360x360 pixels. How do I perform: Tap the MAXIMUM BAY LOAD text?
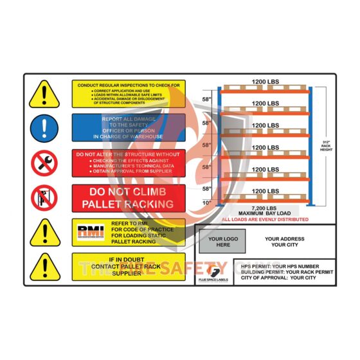[x=264, y=213]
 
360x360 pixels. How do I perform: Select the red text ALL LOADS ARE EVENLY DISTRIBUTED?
[x=264, y=219]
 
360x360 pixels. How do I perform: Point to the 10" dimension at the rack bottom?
[x=207, y=203]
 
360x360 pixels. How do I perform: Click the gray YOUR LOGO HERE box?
[x=222, y=241]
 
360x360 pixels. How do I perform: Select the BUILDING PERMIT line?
[x=283, y=271]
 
